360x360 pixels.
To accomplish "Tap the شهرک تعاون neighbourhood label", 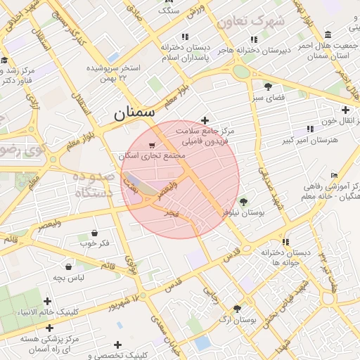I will point(250,21).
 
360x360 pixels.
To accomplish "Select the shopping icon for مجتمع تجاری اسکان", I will point(153,146).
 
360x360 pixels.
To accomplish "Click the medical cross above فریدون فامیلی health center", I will point(205,120).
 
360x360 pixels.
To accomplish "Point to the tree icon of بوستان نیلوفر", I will point(244,202).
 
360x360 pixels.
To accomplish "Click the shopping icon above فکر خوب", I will point(94,233).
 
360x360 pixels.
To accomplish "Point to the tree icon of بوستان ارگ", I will point(237,309).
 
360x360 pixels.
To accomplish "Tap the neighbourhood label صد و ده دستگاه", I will point(94,184).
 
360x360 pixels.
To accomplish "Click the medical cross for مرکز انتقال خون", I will point(345,110).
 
